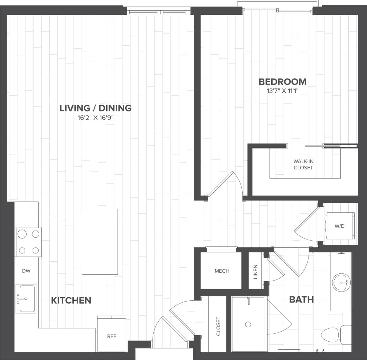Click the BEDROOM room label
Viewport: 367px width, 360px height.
[282, 82]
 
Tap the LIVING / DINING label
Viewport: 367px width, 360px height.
[95, 108]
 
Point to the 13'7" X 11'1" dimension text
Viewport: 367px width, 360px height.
[282, 91]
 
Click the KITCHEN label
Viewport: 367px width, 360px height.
[71, 300]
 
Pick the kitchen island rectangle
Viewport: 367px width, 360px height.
[100, 241]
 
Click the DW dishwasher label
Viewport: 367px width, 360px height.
[26, 271]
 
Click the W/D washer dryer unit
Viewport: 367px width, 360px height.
[340, 226]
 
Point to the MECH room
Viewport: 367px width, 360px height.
[222, 271]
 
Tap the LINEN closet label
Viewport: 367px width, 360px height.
[255, 271]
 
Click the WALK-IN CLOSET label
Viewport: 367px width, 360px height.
[303, 165]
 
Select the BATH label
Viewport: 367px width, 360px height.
[301, 300]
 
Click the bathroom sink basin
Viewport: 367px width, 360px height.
[341, 282]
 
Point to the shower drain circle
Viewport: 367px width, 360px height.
[248, 324]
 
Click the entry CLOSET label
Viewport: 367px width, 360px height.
[218, 326]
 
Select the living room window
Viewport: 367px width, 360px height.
[159, 12]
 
